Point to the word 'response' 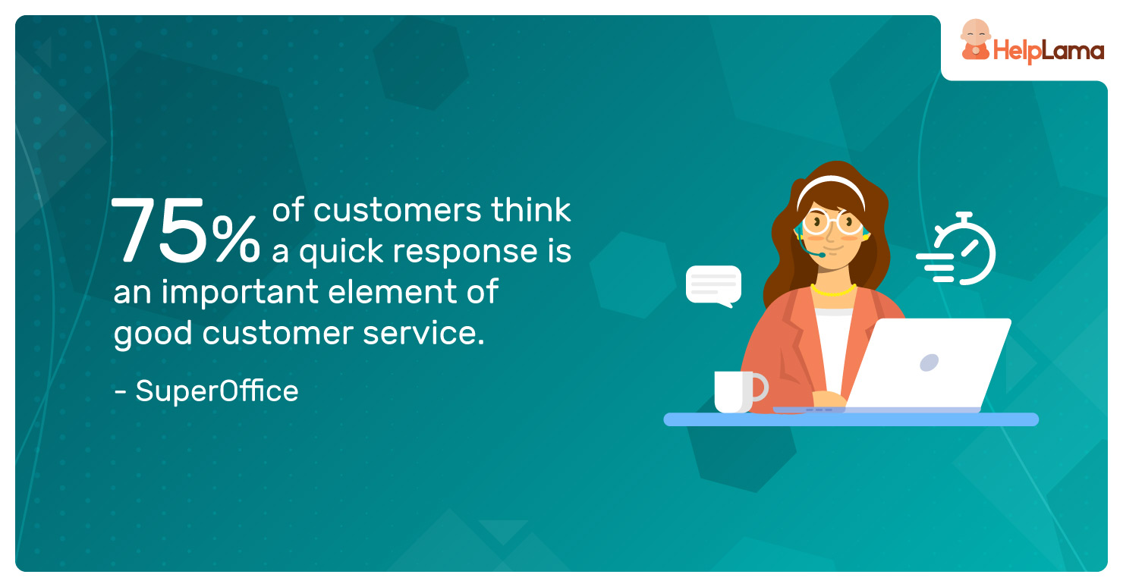pos(464,253)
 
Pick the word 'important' pos(240,292)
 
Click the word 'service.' pos(423,334)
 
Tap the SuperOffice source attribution pos(206,391)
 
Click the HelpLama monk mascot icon pos(975,40)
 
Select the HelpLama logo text pos(1049,51)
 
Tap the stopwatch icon pos(958,249)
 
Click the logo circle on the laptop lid pos(929,363)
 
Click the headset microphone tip pos(822,255)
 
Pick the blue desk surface pos(851,419)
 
